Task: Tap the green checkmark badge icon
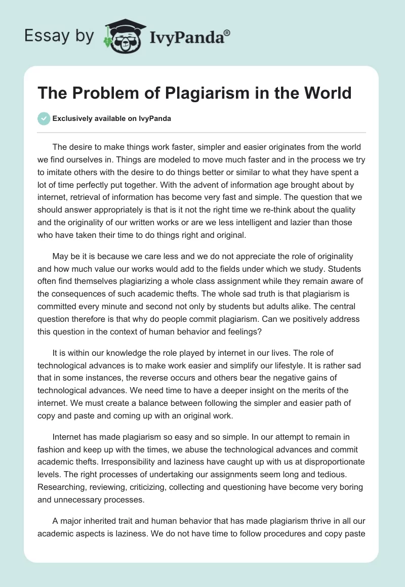[44, 118]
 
